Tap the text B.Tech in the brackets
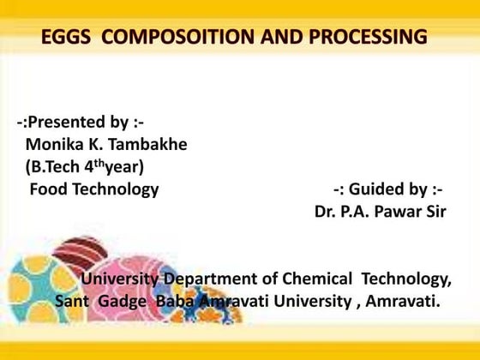pos(60,167)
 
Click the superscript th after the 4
pos(108,163)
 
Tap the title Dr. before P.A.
pos(327,212)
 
